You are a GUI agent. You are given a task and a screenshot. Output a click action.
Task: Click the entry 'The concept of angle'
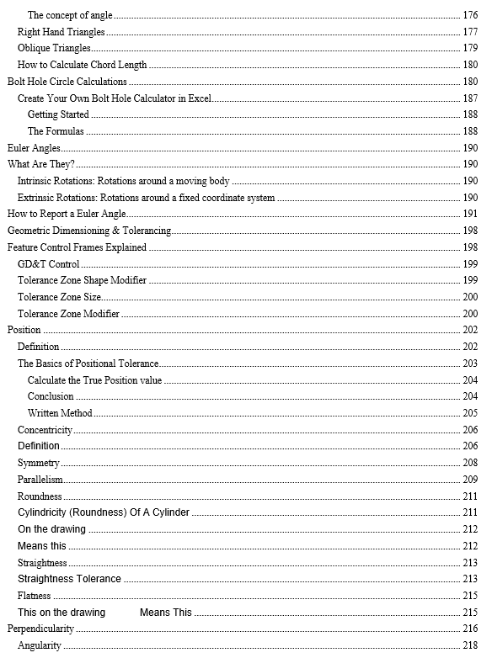(70, 15)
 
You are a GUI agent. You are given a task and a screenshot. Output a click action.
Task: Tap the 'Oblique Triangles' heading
(54, 48)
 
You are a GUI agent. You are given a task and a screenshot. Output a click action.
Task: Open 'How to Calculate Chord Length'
(82, 65)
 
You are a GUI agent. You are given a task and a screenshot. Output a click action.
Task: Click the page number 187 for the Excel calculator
(470, 98)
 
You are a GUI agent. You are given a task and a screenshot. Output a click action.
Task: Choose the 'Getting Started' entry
(58, 114)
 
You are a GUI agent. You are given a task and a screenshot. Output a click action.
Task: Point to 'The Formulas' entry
(56, 131)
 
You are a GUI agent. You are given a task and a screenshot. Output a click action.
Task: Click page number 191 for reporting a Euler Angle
(470, 214)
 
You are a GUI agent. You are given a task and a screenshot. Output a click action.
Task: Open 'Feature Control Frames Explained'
(77, 247)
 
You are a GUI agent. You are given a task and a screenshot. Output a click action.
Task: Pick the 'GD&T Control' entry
(49, 264)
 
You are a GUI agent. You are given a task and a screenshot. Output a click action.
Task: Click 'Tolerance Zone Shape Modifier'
(82, 280)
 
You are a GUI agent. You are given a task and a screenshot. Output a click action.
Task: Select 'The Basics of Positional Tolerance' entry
(88, 363)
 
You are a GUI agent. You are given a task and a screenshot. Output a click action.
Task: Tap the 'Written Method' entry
(60, 413)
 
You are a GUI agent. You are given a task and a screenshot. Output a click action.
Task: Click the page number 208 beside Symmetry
(470, 463)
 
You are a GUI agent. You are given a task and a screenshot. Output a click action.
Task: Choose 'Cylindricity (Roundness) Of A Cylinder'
(104, 512)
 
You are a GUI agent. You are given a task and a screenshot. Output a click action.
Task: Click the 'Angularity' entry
(39, 645)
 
